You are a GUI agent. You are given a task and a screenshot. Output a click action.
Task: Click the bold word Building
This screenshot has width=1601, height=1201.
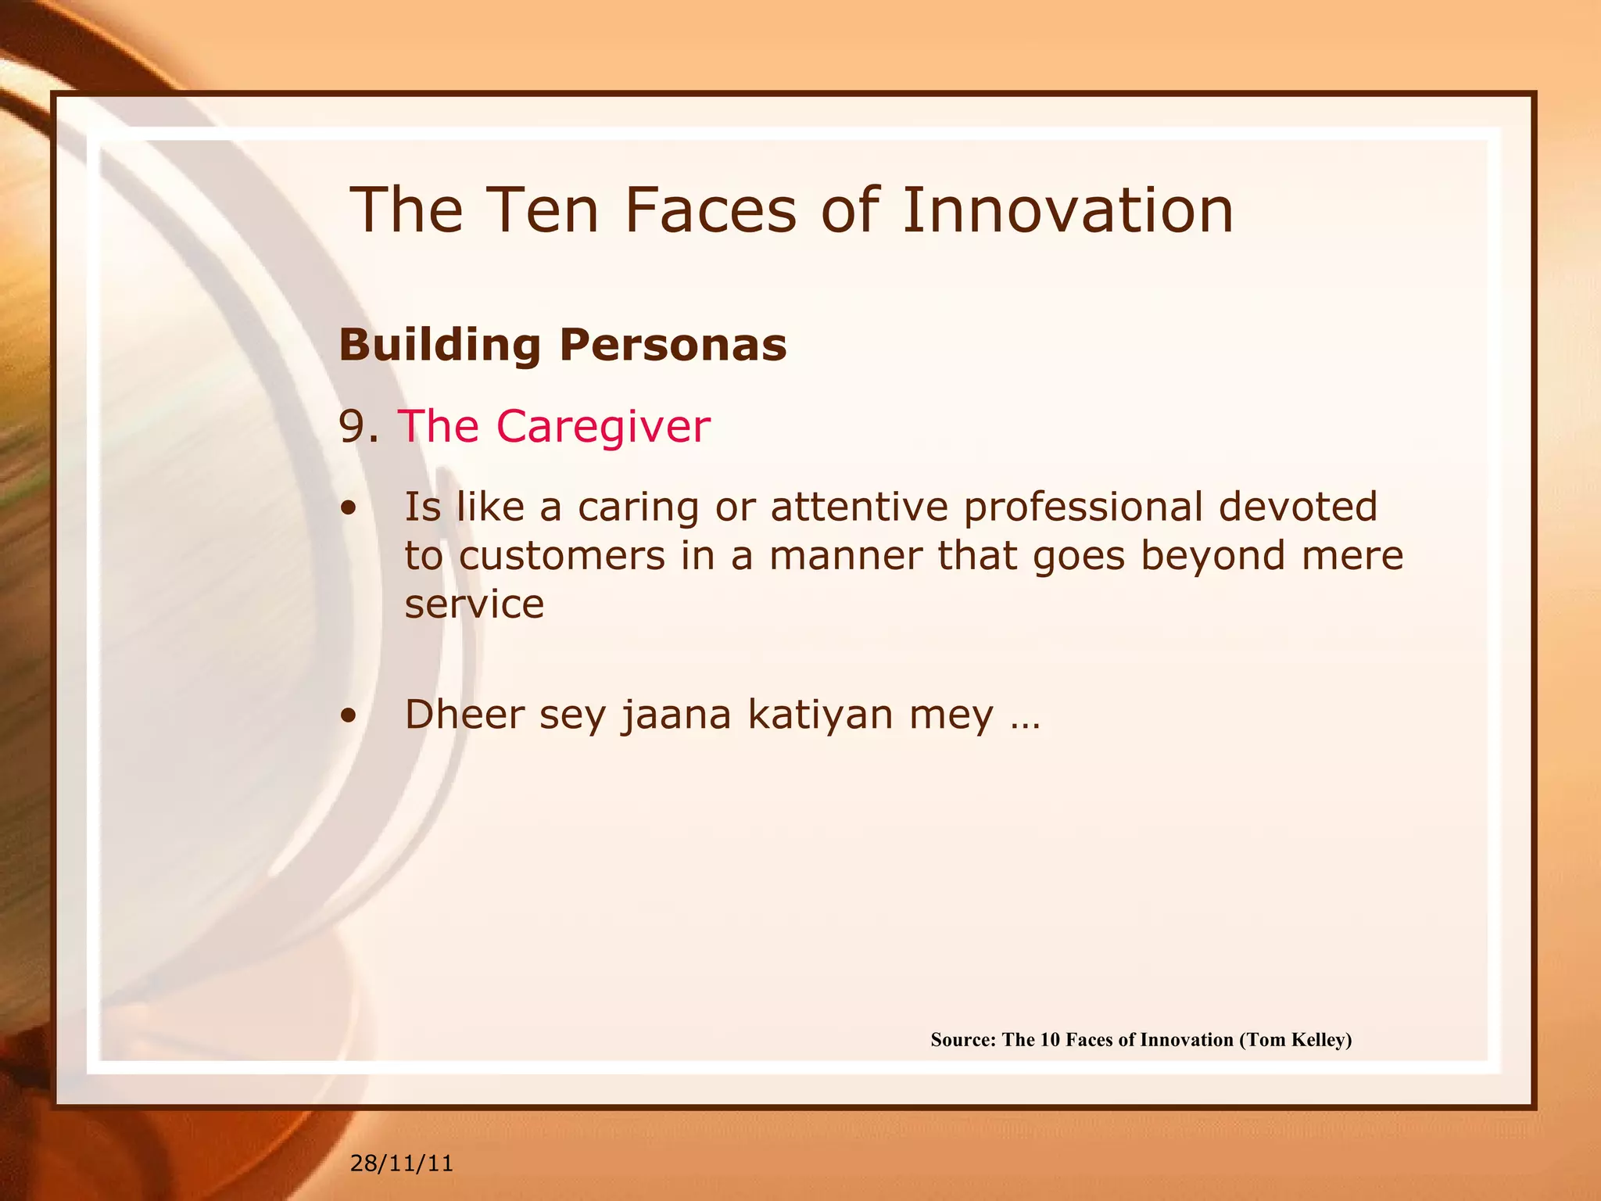pyautogui.click(x=439, y=345)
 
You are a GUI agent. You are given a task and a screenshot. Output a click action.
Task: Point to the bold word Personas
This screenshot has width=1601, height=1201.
pyautogui.click(x=673, y=345)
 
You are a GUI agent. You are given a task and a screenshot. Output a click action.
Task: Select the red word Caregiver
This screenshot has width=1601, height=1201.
pyautogui.click(x=603, y=427)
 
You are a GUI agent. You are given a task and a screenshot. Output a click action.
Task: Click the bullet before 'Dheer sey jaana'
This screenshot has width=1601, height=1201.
pyautogui.click(x=349, y=716)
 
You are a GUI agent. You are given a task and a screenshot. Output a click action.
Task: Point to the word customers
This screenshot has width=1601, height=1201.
pyautogui.click(x=561, y=556)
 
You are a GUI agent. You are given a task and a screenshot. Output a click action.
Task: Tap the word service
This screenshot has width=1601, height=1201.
pyautogui.click(x=474, y=604)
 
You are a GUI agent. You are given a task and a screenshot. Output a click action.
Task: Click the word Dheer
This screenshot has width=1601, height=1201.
pyautogui.click(x=464, y=715)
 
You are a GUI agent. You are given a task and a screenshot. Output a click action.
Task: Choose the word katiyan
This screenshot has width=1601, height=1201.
pyautogui.click(x=820, y=715)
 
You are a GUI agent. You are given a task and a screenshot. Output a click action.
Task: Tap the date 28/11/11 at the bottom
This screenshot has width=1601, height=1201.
pyautogui.click(x=402, y=1163)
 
